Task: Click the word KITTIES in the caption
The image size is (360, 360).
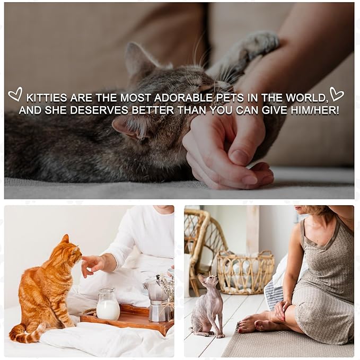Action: pyautogui.click(x=47, y=98)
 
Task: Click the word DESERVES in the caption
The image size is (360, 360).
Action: pyautogui.click(x=99, y=110)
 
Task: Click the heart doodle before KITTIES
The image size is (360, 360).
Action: pyautogui.click(x=15, y=94)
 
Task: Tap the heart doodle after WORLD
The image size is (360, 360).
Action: pyautogui.click(x=336, y=94)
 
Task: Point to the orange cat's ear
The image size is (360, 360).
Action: pyautogui.click(x=66, y=239)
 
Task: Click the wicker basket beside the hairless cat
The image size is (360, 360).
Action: pyautogui.click(x=245, y=273)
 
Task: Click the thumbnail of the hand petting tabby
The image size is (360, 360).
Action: pyautogui.click(x=240, y=157)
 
